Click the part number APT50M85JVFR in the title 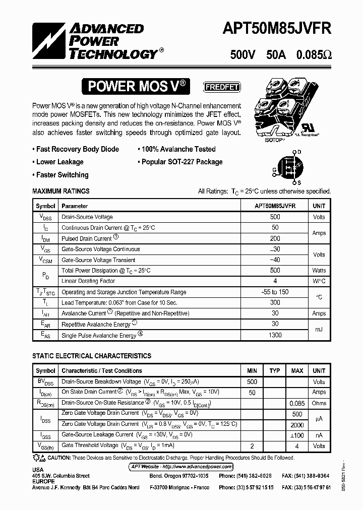[x=277, y=29]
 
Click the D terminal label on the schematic [x=299, y=152]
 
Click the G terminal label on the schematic [x=274, y=170]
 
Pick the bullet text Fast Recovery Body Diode [x=78, y=149]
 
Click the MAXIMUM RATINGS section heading [x=61, y=191]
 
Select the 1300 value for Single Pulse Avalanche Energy [x=275, y=335]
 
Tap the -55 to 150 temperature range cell [x=275, y=292]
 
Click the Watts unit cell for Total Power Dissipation [x=319, y=271]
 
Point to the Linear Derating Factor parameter [x=88, y=281]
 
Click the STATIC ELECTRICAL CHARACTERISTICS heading [x=92, y=356]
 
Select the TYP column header [x=275, y=371]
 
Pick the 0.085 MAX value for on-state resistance [x=297, y=403]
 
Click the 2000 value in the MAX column [x=297, y=424]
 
